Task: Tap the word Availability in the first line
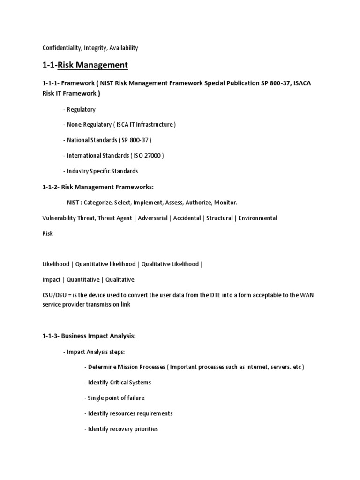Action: (x=123, y=48)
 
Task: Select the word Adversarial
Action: (x=152, y=218)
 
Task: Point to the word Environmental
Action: (x=258, y=218)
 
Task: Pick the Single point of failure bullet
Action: (x=115, y=398)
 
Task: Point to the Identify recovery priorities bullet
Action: (x=121, y=429)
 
